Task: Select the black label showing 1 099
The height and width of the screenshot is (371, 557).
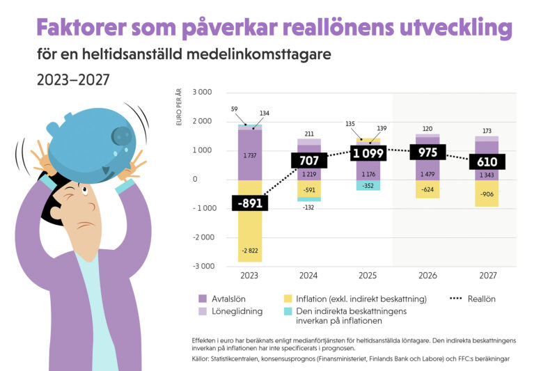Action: point(369,153)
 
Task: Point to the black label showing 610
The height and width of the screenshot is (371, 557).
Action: point(487,161)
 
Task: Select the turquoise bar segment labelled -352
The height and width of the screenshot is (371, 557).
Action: point(369,185)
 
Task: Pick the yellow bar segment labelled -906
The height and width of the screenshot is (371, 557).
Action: point(487,193)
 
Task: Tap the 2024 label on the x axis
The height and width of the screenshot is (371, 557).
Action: point(309,276)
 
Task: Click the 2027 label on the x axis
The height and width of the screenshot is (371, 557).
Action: point(487,276)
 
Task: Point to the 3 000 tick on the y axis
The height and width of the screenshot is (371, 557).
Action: point(201,93)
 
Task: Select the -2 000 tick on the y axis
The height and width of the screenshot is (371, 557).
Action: point(201,237)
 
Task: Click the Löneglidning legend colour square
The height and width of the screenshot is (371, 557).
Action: point(203,311)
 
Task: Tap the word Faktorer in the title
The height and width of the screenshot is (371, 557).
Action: point(77,29)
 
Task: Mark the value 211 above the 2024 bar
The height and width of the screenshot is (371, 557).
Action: point(309,134)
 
